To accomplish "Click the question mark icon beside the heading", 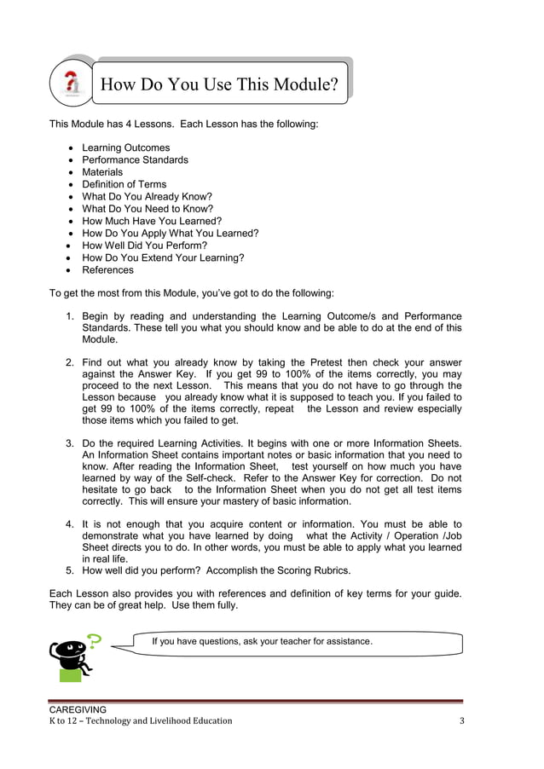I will (72, 84).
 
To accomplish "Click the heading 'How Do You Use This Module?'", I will (219, 84).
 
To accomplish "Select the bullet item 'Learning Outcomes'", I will (125, 147).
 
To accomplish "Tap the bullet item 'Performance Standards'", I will (135, 159).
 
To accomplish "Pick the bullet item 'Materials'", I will (102, 172).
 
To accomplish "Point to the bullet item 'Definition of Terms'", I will (124, 184).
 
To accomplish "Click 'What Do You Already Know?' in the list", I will (147, 196).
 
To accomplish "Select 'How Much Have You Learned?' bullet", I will (152, 221).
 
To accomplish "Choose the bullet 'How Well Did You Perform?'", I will (144, 246).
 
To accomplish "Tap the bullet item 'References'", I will (107, 270).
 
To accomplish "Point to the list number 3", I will (69, 443).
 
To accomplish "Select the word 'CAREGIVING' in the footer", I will (78, 709).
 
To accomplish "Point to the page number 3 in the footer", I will (461, 721).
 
